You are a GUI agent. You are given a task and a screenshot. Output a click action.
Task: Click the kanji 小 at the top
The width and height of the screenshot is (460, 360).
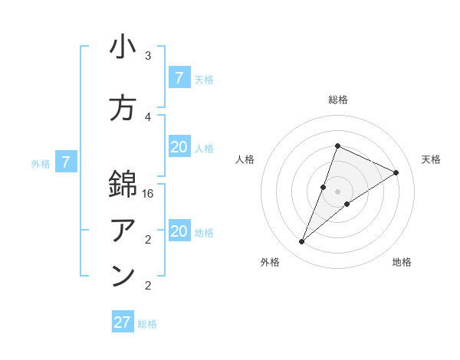(x=123, y=48)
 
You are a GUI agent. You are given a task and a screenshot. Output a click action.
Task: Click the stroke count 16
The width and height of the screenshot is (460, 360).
(x=149, y=194)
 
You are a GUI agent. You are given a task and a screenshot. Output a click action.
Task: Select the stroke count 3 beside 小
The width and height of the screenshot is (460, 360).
(x=148, y=56)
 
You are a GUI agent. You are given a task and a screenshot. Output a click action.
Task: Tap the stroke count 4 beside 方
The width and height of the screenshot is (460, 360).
(x=148, y=117)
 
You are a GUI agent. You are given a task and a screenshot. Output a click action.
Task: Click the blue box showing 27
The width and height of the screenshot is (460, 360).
(x=123, y=322)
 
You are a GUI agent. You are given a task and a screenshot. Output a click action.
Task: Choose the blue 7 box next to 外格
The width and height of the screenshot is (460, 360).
(x=67, y=162)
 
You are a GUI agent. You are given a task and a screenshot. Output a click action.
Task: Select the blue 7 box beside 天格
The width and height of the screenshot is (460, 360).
(x=179, y=78)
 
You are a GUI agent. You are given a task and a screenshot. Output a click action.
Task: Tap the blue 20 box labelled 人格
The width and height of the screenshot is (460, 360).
(x=179, y=147)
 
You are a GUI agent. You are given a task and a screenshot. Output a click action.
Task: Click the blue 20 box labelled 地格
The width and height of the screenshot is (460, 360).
(x=179, y=231)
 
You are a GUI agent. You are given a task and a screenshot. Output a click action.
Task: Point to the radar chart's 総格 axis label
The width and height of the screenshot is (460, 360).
(x=337, y=100)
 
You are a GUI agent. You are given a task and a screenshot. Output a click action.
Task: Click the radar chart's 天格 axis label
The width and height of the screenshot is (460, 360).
(x=431, y=159)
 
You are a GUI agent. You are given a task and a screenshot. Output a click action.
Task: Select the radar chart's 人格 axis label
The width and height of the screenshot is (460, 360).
(x=245, y=159)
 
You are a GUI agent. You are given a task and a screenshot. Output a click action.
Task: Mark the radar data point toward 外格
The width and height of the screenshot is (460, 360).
(x=302, y=242)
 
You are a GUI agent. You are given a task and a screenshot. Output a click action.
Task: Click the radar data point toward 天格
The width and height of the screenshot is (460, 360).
(x=396, y=172)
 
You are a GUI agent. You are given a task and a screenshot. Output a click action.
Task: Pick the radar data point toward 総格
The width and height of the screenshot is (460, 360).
(x=337, y=146)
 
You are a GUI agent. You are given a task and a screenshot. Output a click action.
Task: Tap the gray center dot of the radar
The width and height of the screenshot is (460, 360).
(x=337, y=191)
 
